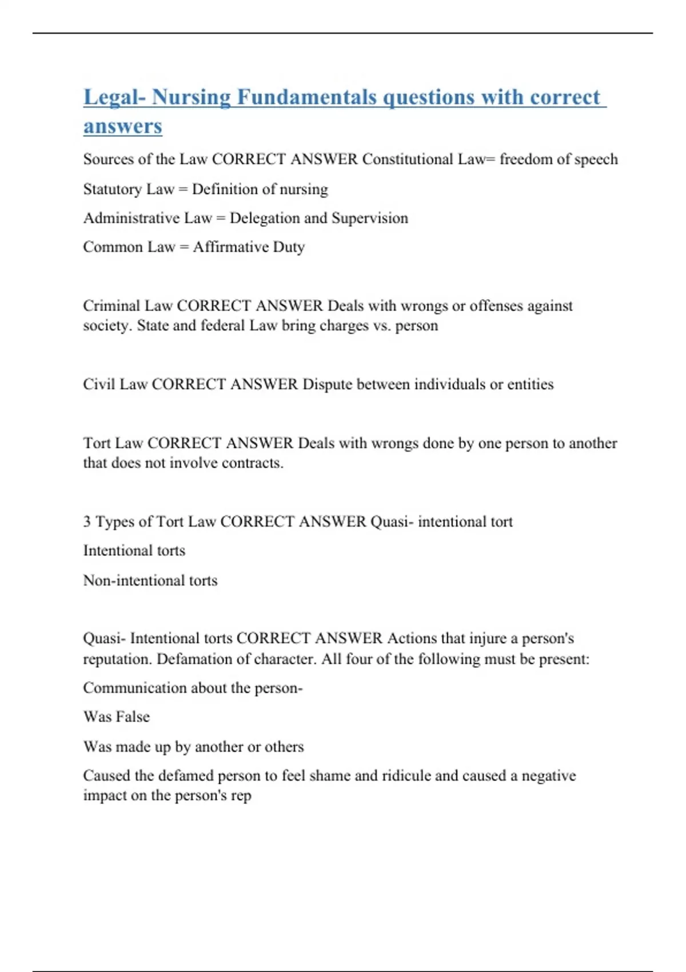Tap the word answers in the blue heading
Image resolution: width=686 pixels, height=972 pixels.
[122, 126]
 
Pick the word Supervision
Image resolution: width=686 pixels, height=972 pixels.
[369, 218]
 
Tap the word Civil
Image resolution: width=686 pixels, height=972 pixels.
[98, 384]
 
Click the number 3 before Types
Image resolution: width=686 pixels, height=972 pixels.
[87, 522]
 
